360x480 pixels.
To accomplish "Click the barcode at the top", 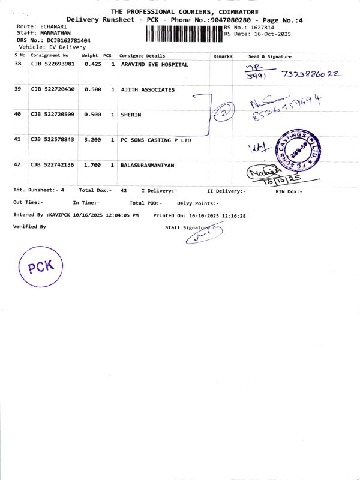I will tap(184, 34).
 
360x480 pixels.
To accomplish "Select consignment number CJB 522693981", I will tap(53, 64).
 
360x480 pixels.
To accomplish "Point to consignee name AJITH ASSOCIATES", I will tap(148, 89).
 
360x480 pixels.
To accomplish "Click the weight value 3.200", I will tap(92, 139).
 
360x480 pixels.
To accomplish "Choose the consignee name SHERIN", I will tap(131, 114).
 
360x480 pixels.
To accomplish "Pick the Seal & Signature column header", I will tap(270, 56).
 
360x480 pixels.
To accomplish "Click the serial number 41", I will tap(17, 139).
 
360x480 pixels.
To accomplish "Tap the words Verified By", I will tap(29, 227).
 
